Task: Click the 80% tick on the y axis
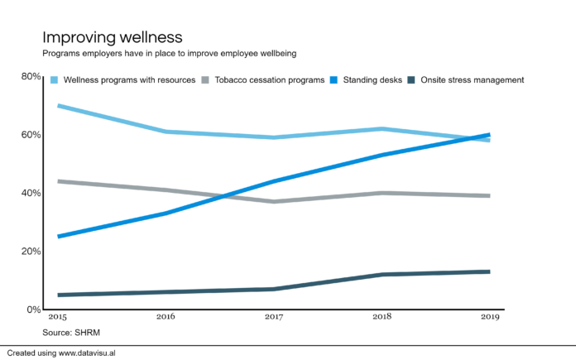pyautogui.click(x=31, y=77)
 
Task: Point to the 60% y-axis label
pyautogui.click(x=31, y=135)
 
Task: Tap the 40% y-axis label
pyautogui.click(x=31, y=193)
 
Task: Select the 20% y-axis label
pyautogui.click(x=31, y=251)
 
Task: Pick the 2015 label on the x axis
pyautogui.click(x=58, y=317)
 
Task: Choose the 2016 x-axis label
pyautogui.click(x=166, y=317)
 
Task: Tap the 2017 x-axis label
pyautogui.click(x=274, y=317)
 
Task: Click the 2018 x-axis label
pyautogui.click(x=382, y=317)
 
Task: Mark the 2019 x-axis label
pyautogui.click(x=489, y=317)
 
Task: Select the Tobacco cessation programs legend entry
pyautogui.click(x=268, y=79)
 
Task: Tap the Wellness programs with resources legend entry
pyautogui.click(x=129, y=79)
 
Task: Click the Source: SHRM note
pyautogui.click(x=70, y=332)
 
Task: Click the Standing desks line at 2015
pyautogui.click(x=58, y=237)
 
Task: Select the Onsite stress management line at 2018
pyautogui.click(x=382, y=275)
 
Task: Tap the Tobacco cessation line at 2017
pyautogui.click(x=274, y=201)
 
